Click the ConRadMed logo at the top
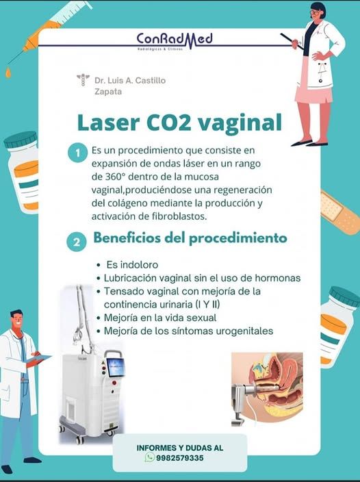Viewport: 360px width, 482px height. [175, 40]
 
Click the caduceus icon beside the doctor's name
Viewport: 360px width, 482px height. [83, 80]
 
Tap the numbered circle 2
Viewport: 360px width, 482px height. [77, 242]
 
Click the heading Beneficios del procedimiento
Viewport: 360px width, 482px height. [190, 239]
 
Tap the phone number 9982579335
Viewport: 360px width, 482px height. [180, 458]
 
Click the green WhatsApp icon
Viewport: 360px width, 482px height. [149, 458]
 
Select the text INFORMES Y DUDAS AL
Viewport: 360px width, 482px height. [179, 447]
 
